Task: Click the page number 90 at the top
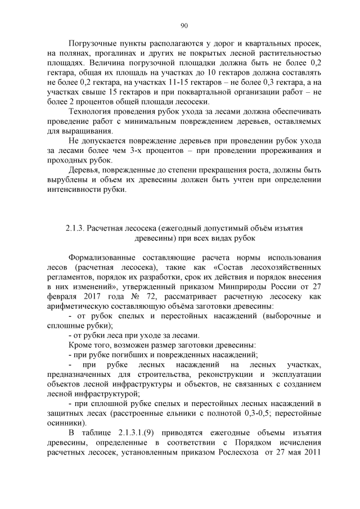coord(184,25)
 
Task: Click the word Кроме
coord(80,345)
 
